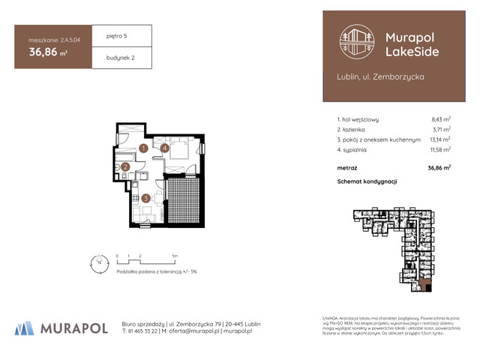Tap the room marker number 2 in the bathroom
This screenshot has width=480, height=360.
click(125, 167)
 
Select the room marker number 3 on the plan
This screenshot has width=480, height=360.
click(146, 199)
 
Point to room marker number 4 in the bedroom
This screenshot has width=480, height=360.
click(164, 148)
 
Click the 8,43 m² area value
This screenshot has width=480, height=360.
click(440, 119)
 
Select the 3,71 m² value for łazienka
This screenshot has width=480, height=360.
click(440, 129)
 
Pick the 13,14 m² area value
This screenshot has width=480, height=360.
click(439, 139)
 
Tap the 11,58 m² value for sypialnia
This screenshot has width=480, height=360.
click(439, 150)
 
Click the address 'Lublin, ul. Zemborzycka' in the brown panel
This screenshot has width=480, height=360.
click(371, 76)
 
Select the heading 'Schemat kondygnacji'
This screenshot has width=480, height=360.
click(367, 182)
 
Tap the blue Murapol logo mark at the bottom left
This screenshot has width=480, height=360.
click(25, 328)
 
